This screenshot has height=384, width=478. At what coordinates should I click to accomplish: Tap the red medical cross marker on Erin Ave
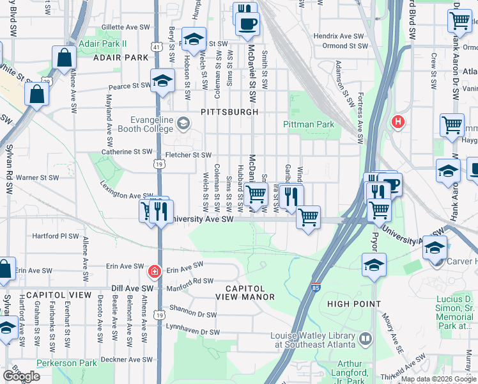(x=153, y=272)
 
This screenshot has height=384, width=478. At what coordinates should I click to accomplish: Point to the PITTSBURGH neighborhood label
(x=229, y=111)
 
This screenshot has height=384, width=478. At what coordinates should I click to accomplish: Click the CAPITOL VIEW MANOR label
(x=245, y=292)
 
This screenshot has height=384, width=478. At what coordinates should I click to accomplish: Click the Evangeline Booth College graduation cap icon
(x=183, y=122)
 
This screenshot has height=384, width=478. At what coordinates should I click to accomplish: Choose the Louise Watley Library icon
(x=365, y=337)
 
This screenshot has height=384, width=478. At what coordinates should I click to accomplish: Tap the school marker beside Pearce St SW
(x=163, y=81)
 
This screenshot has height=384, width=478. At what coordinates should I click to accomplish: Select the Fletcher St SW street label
(x=189, y=155)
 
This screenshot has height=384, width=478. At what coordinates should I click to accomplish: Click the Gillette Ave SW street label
(x=125, y=28)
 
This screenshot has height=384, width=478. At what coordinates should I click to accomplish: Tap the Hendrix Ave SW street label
(x=345, y=36)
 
